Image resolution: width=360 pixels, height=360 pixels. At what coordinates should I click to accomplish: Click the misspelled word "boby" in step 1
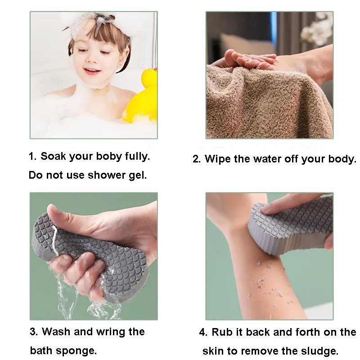tap(109, 157)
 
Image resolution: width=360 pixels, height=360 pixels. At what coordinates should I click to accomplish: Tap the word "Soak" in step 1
tap(54, 156)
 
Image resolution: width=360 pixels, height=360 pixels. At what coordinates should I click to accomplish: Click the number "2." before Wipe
tap(197, 159)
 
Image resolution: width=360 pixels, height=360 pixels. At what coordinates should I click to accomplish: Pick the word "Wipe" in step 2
tap(218, 159)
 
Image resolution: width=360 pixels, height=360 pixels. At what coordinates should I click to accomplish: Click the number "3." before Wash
tap(34, 332)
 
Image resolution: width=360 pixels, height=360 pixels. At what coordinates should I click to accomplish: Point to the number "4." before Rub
tap(203, 332)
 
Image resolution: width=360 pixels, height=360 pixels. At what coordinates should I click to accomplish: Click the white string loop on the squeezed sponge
tap(55, 240)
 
